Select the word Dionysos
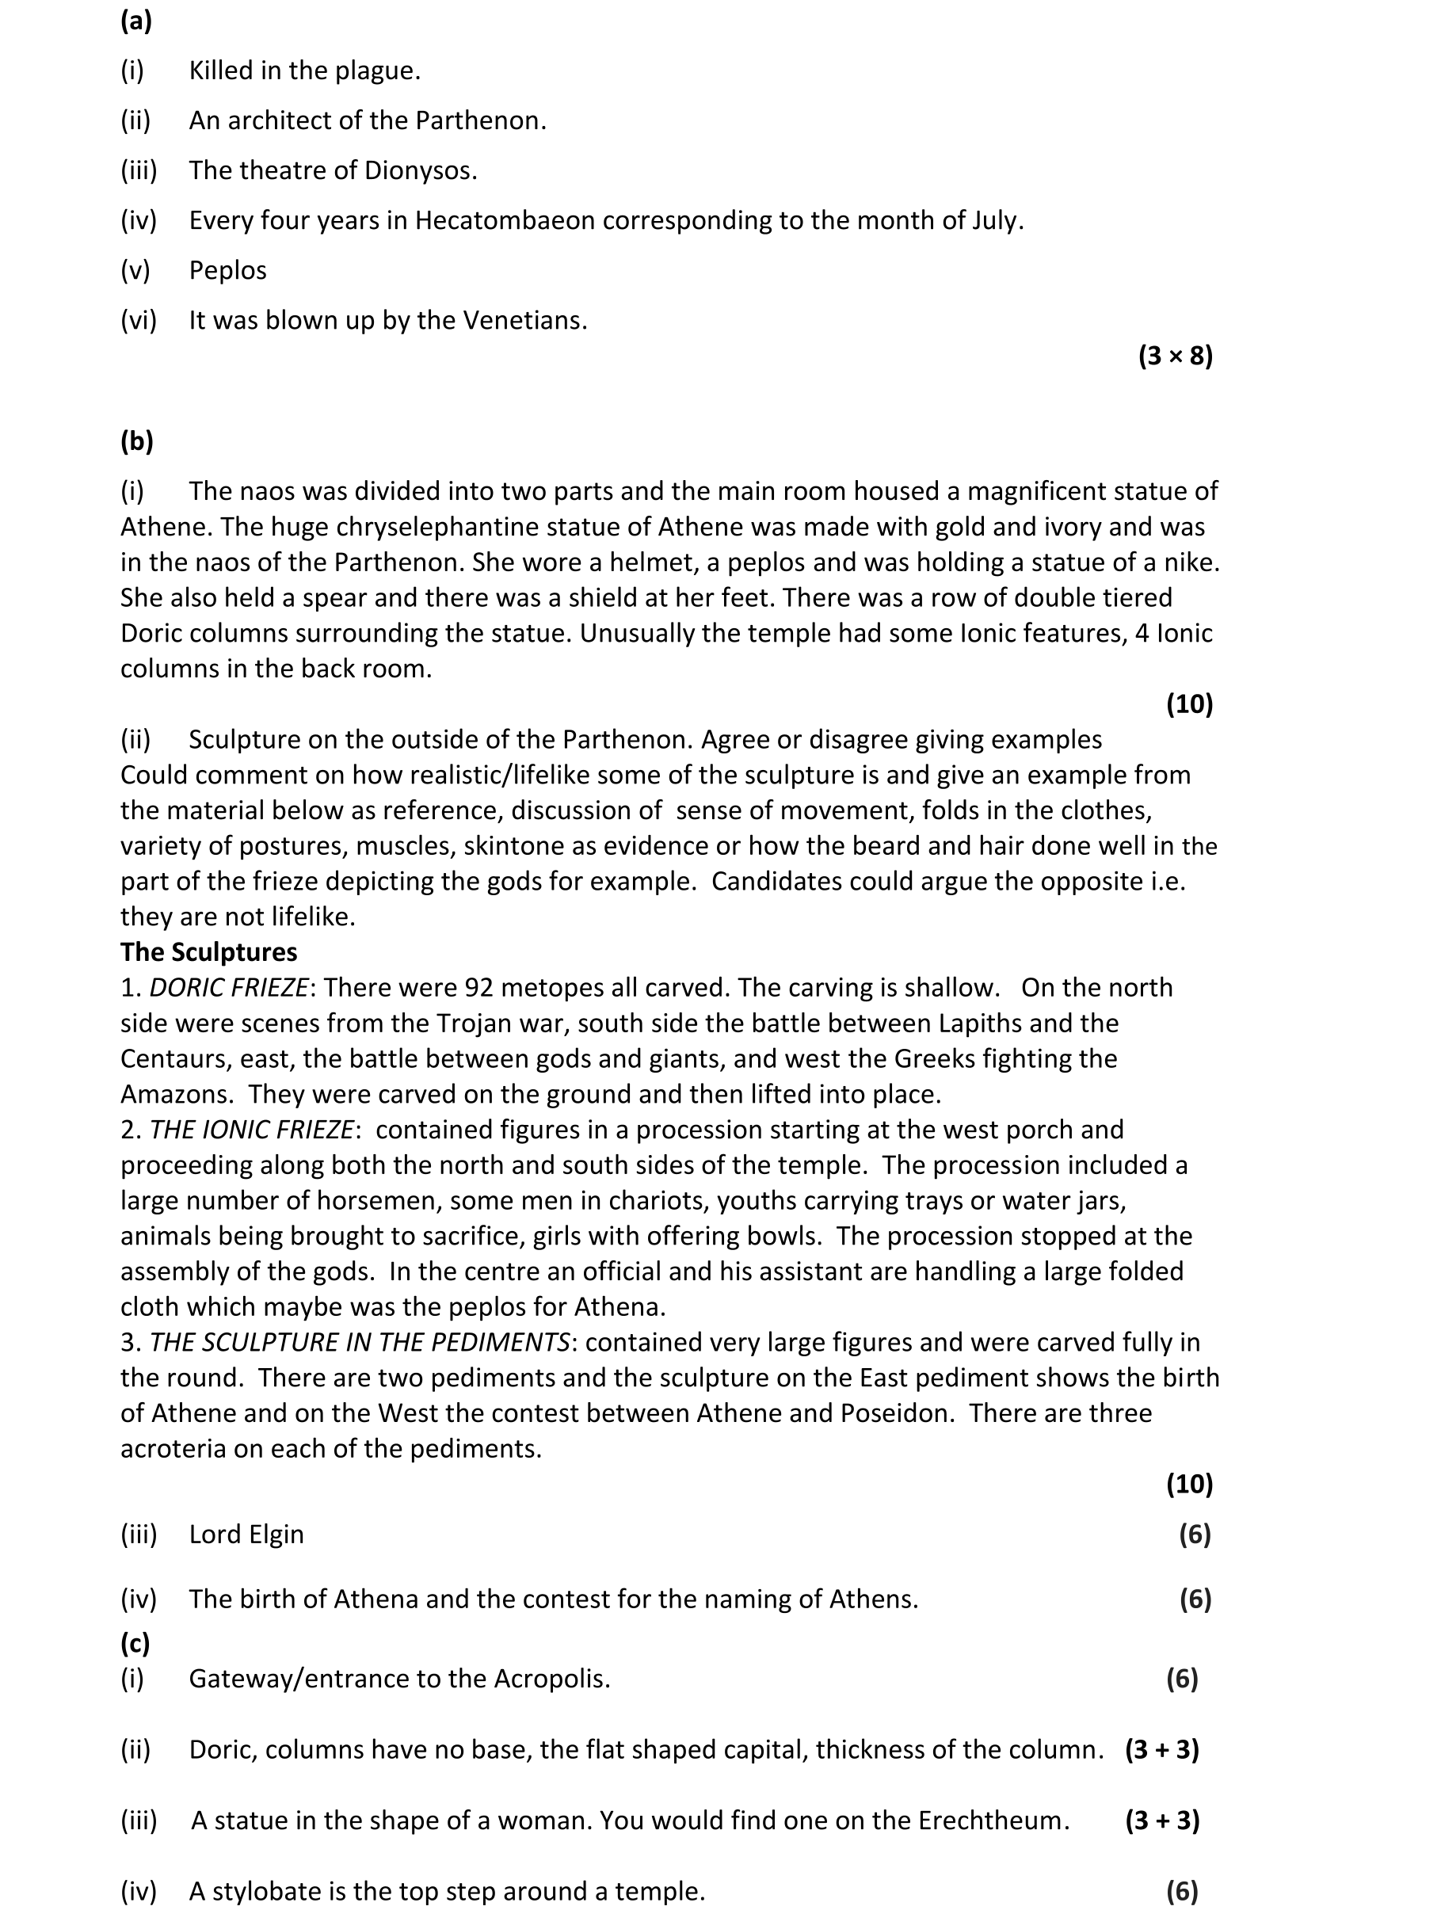[420, 171]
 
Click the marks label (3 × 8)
[1175, 356]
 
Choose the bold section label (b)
[136, 441]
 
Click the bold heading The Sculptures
[208, 952]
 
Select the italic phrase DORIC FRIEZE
[229, 988]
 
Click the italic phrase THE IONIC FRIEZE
[251, 1130]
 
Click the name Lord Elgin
[246, 1534]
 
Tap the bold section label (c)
[135, 1642]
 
